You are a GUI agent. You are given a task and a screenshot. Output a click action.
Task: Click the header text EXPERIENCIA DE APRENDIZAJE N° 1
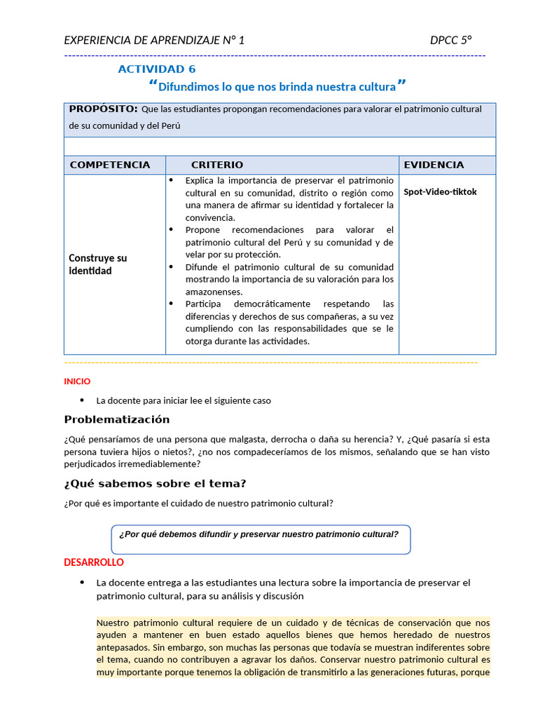click(x=154, y=40)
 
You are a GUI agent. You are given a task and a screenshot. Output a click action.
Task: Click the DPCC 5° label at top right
click(x=452, y=40)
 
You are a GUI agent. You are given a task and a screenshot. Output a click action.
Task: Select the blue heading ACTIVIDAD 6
click(x=157, y=69)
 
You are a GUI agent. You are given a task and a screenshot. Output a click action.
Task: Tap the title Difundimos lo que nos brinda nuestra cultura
click(x=277, y=87)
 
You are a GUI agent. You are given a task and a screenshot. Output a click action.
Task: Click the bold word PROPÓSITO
click(x=103, y=109)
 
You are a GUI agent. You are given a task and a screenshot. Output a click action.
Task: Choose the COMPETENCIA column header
click(x=110, y=165)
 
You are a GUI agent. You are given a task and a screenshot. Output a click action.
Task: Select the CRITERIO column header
click(x=217, y=165)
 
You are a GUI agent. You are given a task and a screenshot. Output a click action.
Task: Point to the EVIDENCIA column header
click(x=434, y=165)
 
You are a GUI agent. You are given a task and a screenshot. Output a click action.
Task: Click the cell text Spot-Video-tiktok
click(x=440, y=191)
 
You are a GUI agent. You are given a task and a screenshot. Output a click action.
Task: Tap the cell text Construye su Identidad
click(x=98, y=264)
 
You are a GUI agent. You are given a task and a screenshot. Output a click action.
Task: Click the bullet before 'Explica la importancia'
click(x=172, y=180)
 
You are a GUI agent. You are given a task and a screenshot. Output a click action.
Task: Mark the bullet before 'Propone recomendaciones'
click(x=172, y=229)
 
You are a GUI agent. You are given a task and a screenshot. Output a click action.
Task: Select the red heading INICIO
click(x=77, y=381)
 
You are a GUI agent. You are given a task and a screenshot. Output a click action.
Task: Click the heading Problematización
click(x=117, y=419)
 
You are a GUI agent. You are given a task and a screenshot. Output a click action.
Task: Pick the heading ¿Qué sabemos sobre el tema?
click(x=155, y=484)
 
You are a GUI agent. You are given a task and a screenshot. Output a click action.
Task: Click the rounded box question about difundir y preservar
click(x=259, y=534)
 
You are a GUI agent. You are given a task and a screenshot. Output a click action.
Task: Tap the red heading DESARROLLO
click(x=94, y=562)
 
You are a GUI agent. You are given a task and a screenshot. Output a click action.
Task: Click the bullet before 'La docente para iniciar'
click(x=82, y=400)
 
